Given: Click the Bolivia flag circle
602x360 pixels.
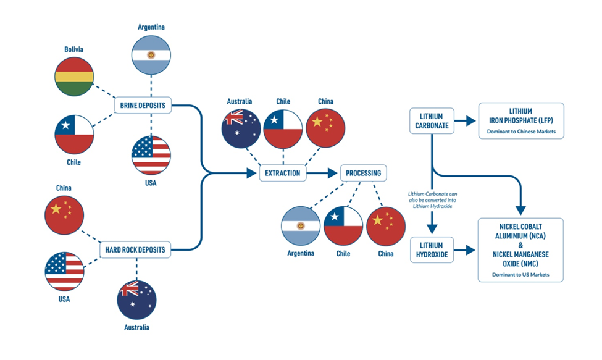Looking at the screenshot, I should [74, 77].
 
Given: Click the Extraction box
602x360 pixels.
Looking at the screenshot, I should [283, 173].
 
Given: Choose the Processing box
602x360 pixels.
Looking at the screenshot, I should [363, 173].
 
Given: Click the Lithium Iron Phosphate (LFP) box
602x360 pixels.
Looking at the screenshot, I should [520, 120].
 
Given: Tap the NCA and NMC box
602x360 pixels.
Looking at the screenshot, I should [520, 249].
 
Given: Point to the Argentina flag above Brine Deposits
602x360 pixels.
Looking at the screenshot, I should [151, 55].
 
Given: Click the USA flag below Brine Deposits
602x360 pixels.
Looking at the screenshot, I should [151, 155].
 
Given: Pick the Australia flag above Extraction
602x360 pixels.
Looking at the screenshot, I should [241, 128].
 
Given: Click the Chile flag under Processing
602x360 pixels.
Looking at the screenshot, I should [343, 226].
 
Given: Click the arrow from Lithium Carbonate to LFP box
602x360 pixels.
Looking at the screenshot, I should [466, 120].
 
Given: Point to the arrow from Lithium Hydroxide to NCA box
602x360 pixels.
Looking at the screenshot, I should [466, 249].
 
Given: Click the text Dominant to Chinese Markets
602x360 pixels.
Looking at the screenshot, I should [520, 132].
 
